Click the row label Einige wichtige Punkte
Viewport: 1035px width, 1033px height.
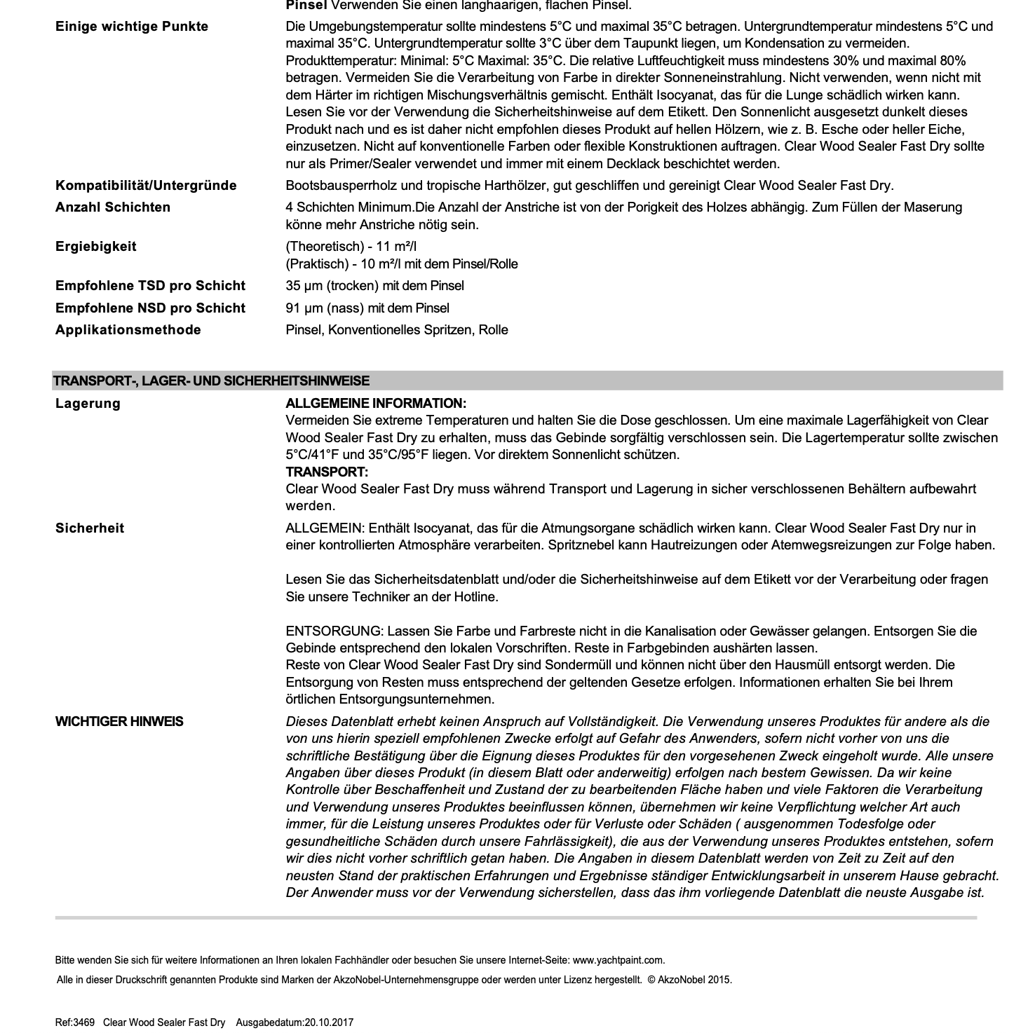(x=132, y=27)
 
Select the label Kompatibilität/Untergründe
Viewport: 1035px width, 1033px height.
(x=146, y=186)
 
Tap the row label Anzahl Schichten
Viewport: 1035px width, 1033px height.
(x=113, y=207)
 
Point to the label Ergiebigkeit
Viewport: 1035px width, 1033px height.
(x=96, y=247)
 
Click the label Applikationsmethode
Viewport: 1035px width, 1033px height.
(x=128, y=330)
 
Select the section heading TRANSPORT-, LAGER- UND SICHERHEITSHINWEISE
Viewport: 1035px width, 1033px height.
(x=211, y=381)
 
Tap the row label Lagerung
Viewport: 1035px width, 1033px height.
(x=88, y=404)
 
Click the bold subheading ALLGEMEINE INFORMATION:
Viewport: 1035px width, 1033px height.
(x=376, y=404)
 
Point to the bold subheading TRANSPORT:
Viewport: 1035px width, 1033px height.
(x=327, y=472)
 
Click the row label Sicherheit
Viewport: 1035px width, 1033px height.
(x=90, y=528)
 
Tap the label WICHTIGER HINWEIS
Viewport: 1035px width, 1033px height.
(x=119, y=722)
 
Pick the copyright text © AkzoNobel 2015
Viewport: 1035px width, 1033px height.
(x=690, y=980)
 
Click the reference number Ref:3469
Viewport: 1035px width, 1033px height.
(x=75, y=1022)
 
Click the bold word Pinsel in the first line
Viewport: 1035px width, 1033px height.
(x=306, y=6)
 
